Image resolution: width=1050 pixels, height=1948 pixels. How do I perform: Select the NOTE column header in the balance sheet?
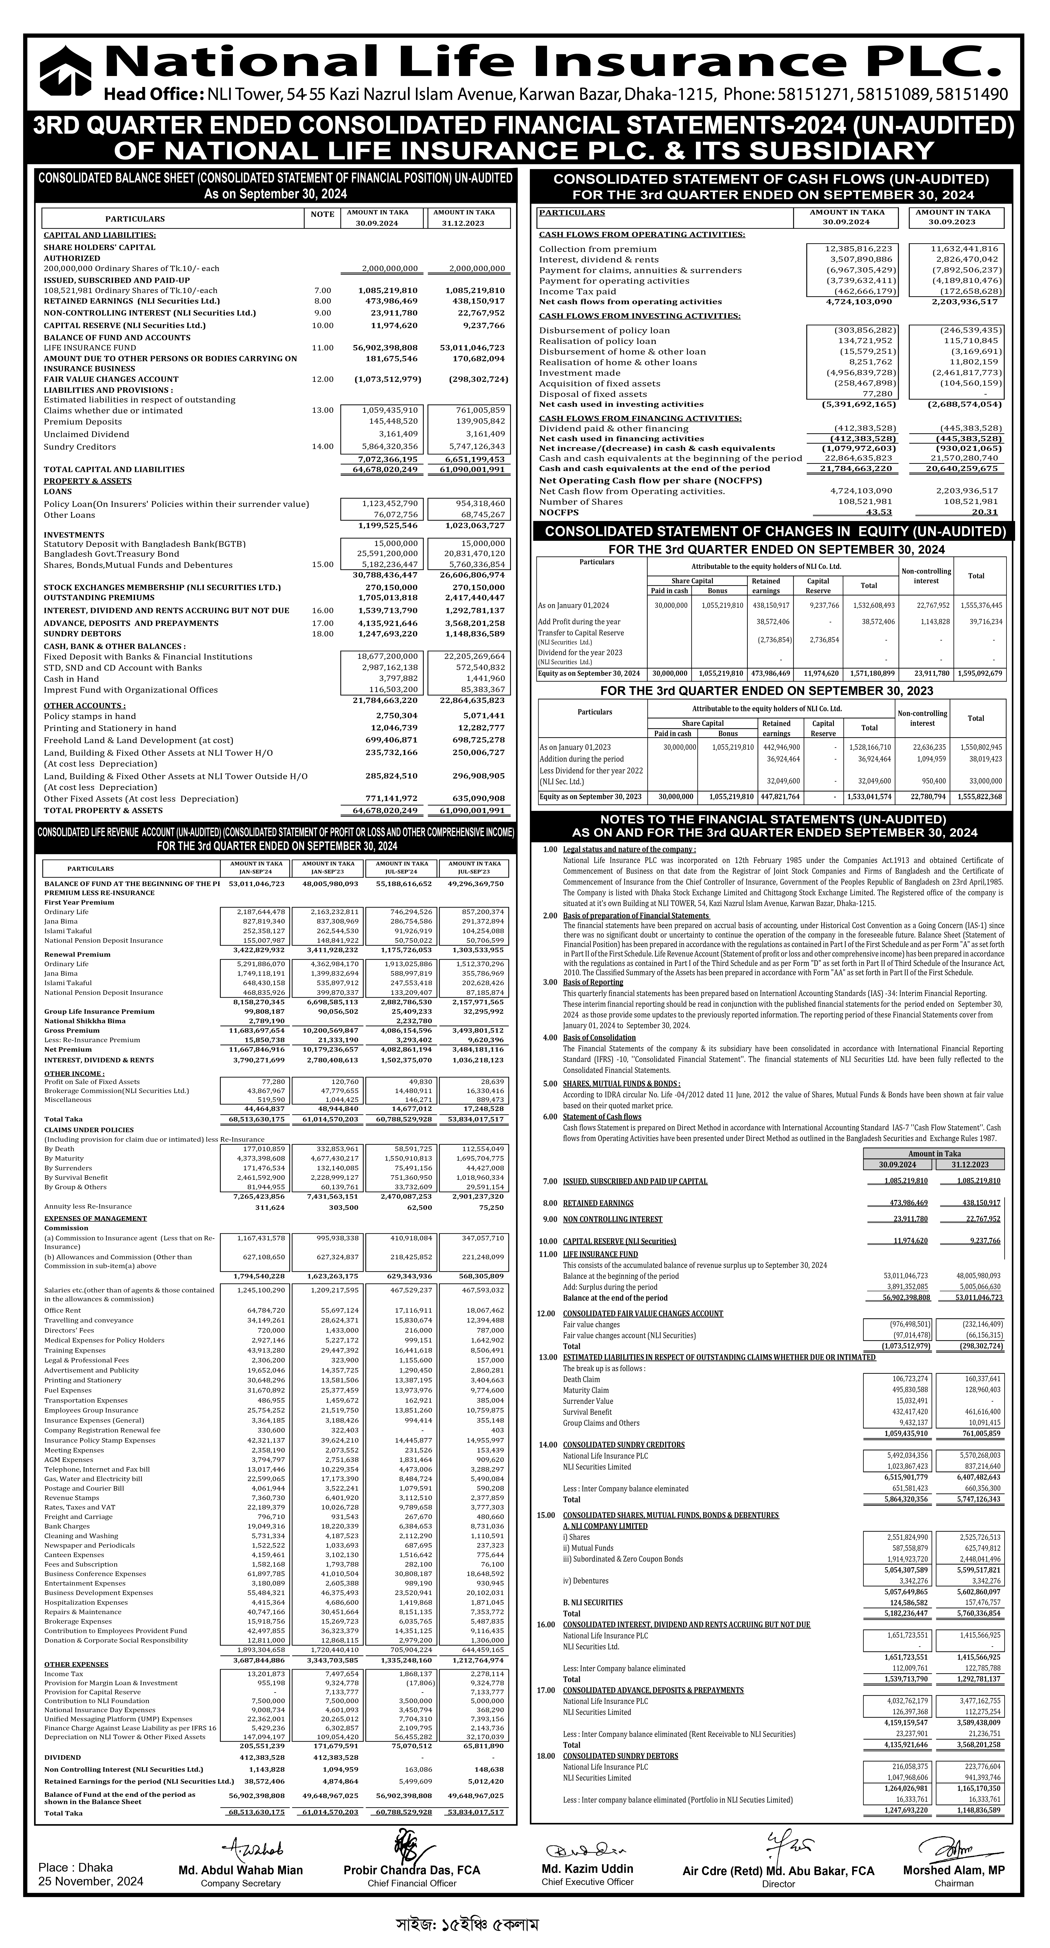pos(322,215)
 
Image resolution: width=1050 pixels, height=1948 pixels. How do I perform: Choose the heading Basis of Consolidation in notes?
pos(599,1037)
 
